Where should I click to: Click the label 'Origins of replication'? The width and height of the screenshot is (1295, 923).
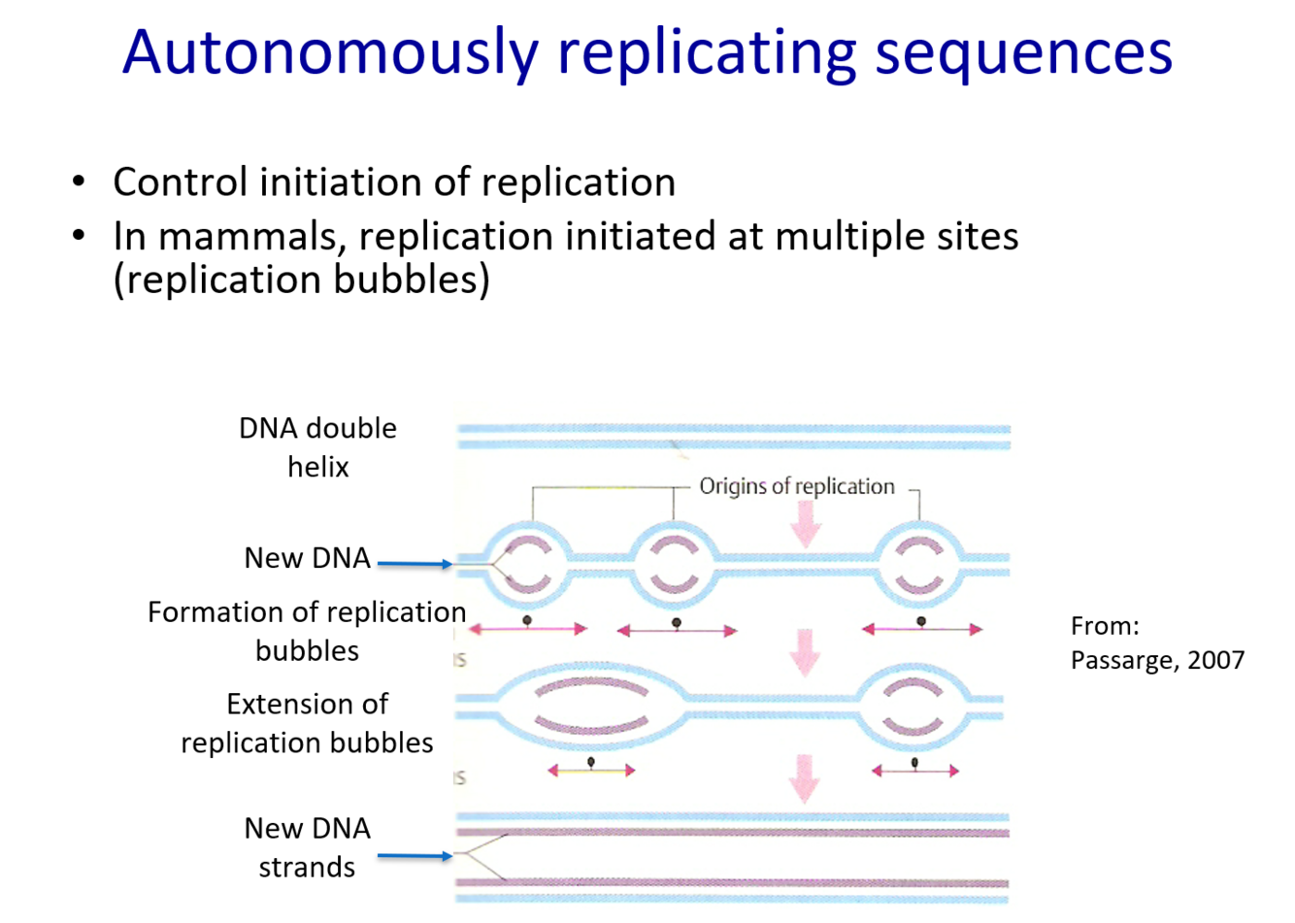pos(797,486)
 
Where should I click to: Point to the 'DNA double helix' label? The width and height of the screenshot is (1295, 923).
pos(318,447)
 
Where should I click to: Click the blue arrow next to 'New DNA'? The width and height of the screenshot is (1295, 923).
pos(415,563)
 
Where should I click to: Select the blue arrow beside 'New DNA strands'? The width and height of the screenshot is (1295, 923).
pos(415,855)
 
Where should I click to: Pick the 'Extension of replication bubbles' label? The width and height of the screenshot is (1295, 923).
pos(307,723)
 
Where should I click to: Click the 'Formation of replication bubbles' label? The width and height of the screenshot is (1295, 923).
pos(307,631)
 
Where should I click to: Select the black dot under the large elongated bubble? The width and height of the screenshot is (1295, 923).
pos(591,762)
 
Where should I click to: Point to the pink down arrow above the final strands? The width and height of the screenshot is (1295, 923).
pos(803,777)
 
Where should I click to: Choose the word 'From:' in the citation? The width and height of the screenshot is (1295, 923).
pos(1105,626)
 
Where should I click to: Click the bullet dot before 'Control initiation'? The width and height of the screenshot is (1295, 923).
pos(79,182)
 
